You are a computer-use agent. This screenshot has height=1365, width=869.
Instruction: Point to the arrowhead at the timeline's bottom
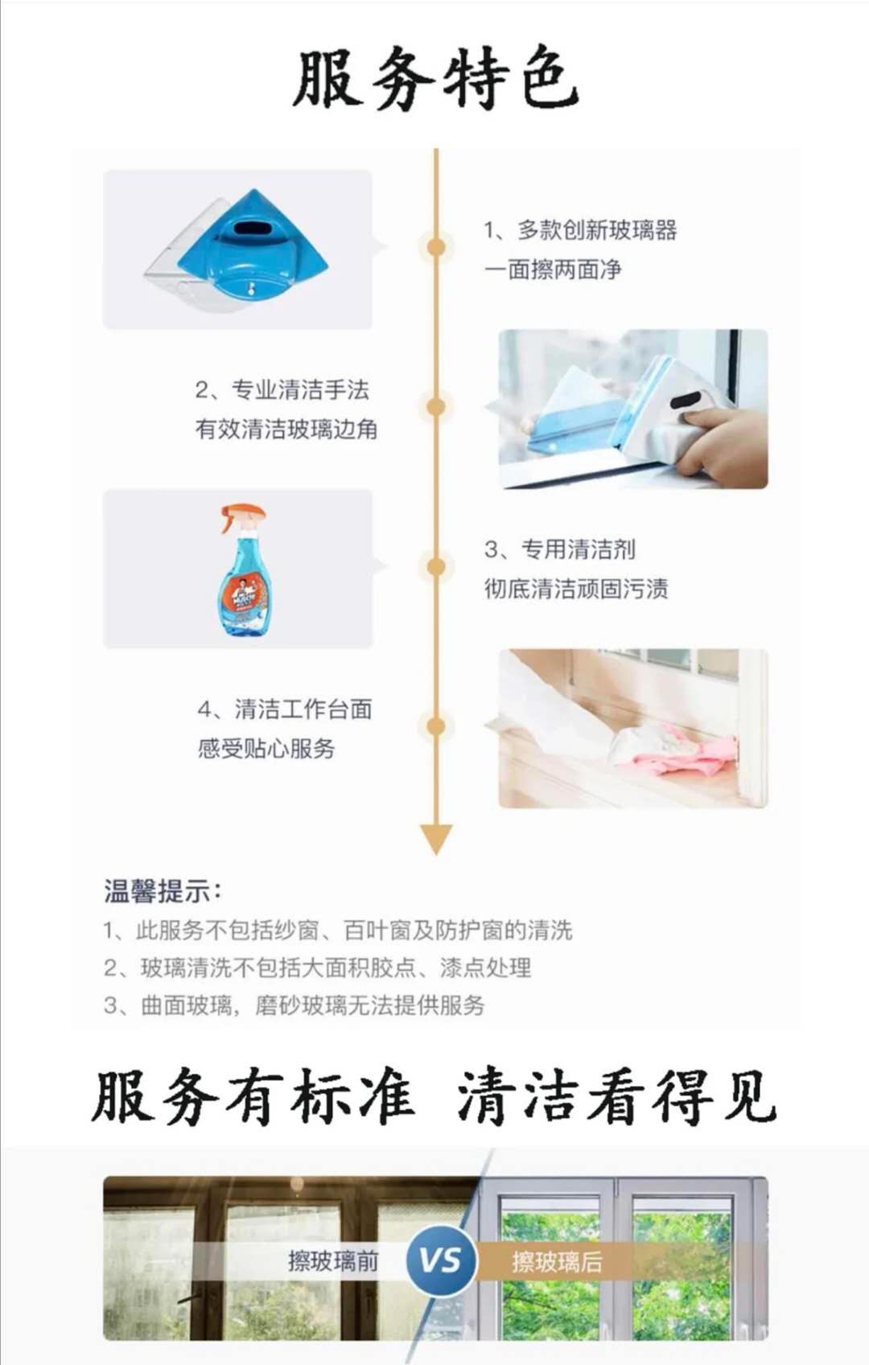[x=436, y=838]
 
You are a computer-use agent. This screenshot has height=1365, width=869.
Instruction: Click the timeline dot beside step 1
[x=436, y=247]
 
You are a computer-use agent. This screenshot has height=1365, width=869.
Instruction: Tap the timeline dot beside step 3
[x=436, y=566]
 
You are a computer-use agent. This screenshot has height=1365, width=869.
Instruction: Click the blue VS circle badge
[x=441, y=1260]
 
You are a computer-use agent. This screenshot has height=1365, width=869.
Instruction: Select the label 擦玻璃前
[x=333, y=1260]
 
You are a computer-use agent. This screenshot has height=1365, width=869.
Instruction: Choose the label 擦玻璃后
[x=557, y=1260]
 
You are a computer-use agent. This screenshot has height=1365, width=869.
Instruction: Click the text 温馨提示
[x=162, y=891]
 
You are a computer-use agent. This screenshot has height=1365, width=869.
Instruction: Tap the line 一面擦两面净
[x=553, y=269]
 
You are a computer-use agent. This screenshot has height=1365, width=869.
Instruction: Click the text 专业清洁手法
[x=300, y=390]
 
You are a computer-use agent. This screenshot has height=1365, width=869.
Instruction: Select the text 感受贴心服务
[x=266, y=748]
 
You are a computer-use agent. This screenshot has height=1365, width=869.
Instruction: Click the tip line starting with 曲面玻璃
[x=294, y=1005]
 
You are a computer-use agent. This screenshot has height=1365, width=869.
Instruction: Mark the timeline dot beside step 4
[x=436, y=726]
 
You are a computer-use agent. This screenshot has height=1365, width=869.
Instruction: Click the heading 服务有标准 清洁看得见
[x=434, y=1097]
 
